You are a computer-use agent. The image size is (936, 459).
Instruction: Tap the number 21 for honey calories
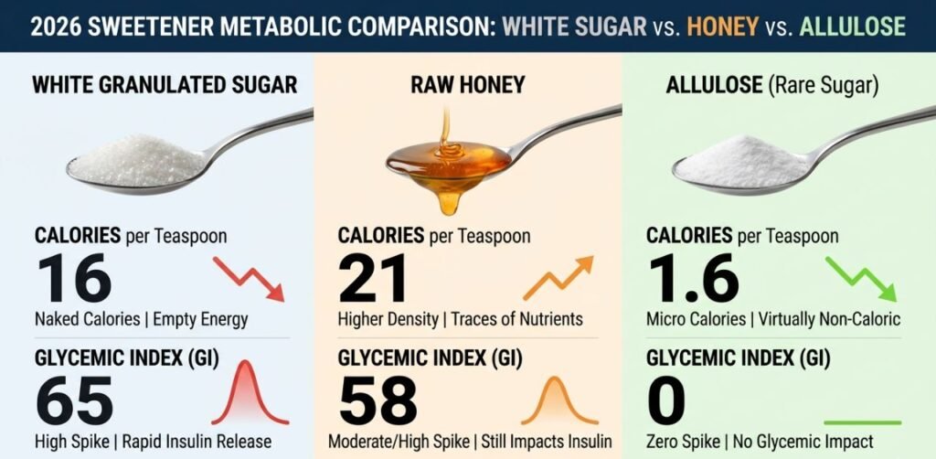click(373, 279)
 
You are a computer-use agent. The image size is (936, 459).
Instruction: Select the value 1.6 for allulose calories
click(692, 279)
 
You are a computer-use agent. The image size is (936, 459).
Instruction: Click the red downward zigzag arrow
click(250, 278)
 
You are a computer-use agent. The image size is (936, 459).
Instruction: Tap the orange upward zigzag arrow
click(558, 277)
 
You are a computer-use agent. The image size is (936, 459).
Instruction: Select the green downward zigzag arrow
click(861, 278)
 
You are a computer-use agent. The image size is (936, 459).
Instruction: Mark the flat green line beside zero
click(862, 422)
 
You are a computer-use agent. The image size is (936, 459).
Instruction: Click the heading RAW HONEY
click(468, 85)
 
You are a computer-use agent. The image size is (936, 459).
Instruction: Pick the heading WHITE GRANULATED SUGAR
click(165, 85)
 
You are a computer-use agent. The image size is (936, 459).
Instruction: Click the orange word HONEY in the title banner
click(722, 26)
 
